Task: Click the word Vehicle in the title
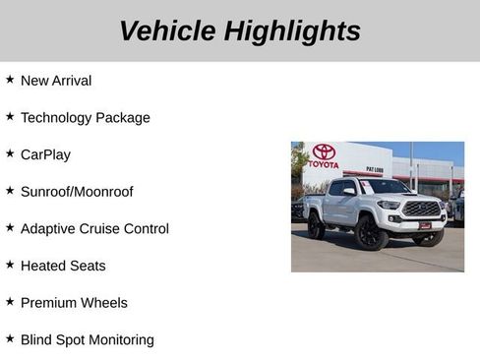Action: (167, 30)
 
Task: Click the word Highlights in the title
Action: (292, 30)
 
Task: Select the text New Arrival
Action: (56, 81)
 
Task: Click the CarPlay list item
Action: (45, 154)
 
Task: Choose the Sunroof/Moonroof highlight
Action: (77, 192)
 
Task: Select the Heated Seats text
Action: (63, 266)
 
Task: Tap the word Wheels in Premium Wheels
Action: (104, 303)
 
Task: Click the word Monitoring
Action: (118, 340)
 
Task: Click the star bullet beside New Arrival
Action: (10, 79)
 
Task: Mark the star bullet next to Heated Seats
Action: (10, 264)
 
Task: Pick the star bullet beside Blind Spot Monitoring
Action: (10, 338)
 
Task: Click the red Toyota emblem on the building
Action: (324, 152)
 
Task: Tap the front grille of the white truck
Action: (421, 209)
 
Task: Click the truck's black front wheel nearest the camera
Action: (371, 233)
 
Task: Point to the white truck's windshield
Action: (384, 187)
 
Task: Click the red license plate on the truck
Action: (425, 224)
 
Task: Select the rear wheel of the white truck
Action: (316, 227)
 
